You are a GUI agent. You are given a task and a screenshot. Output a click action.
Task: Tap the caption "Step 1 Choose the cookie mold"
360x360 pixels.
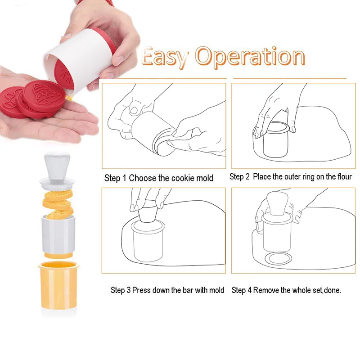click(159, 178)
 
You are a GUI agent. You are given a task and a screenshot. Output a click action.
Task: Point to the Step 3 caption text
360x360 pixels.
click(167, 290)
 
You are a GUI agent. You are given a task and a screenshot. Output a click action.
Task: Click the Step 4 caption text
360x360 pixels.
click(286, 290)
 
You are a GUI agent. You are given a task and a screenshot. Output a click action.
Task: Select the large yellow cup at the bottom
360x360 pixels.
click(58, 285)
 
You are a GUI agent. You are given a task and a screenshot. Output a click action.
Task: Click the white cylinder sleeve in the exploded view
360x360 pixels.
click(58, 234)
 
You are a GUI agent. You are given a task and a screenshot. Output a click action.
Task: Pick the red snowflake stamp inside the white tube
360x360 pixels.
click(64, 75)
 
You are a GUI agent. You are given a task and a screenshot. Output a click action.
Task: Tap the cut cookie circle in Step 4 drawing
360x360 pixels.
click(279, 259)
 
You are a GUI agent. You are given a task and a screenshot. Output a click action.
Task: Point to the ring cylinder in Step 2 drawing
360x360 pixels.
click(274, 140)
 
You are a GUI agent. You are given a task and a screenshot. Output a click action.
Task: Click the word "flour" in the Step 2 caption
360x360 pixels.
click(344, 176)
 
